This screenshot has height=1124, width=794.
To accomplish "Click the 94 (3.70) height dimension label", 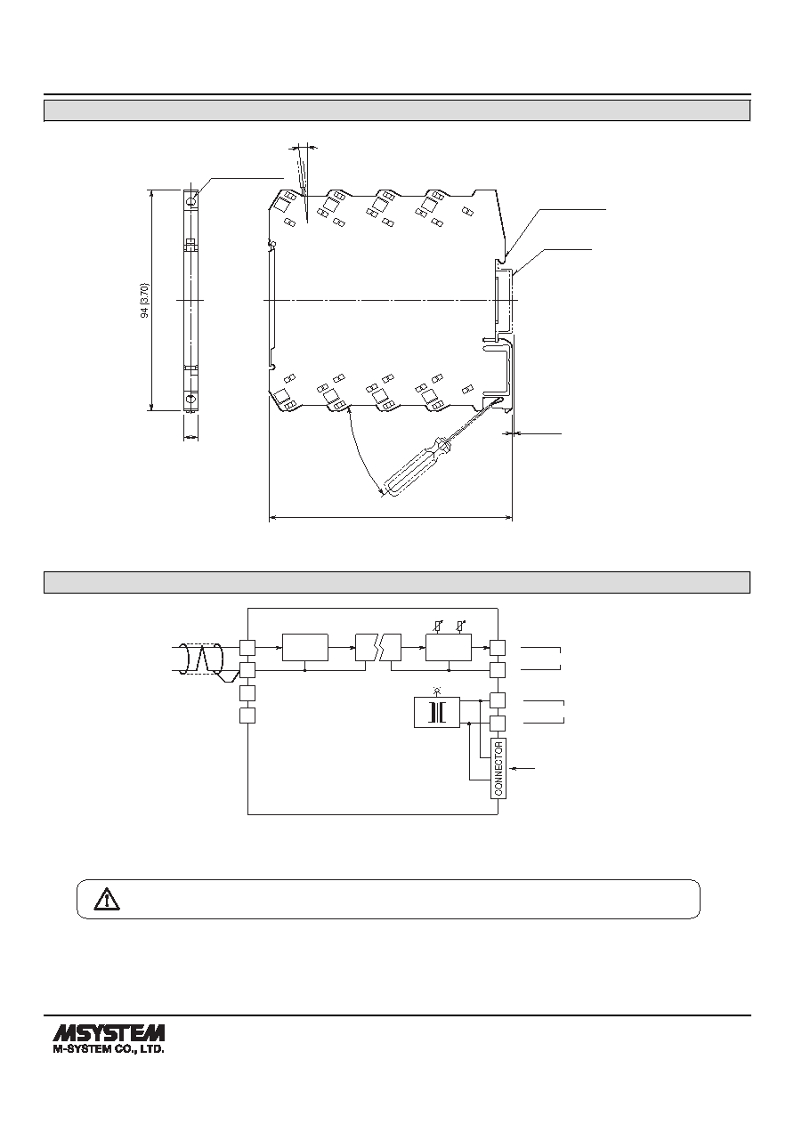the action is (x=144, y=300).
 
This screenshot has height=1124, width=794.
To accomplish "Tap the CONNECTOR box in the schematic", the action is (x=498, y=768).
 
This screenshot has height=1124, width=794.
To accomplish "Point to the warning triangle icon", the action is (x=107, y=899).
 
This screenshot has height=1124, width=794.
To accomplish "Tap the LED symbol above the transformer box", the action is (x=437, y=691).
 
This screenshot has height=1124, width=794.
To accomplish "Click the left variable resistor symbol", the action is (x=439, y=627).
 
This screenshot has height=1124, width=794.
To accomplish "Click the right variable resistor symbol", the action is (x=460, y=627).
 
